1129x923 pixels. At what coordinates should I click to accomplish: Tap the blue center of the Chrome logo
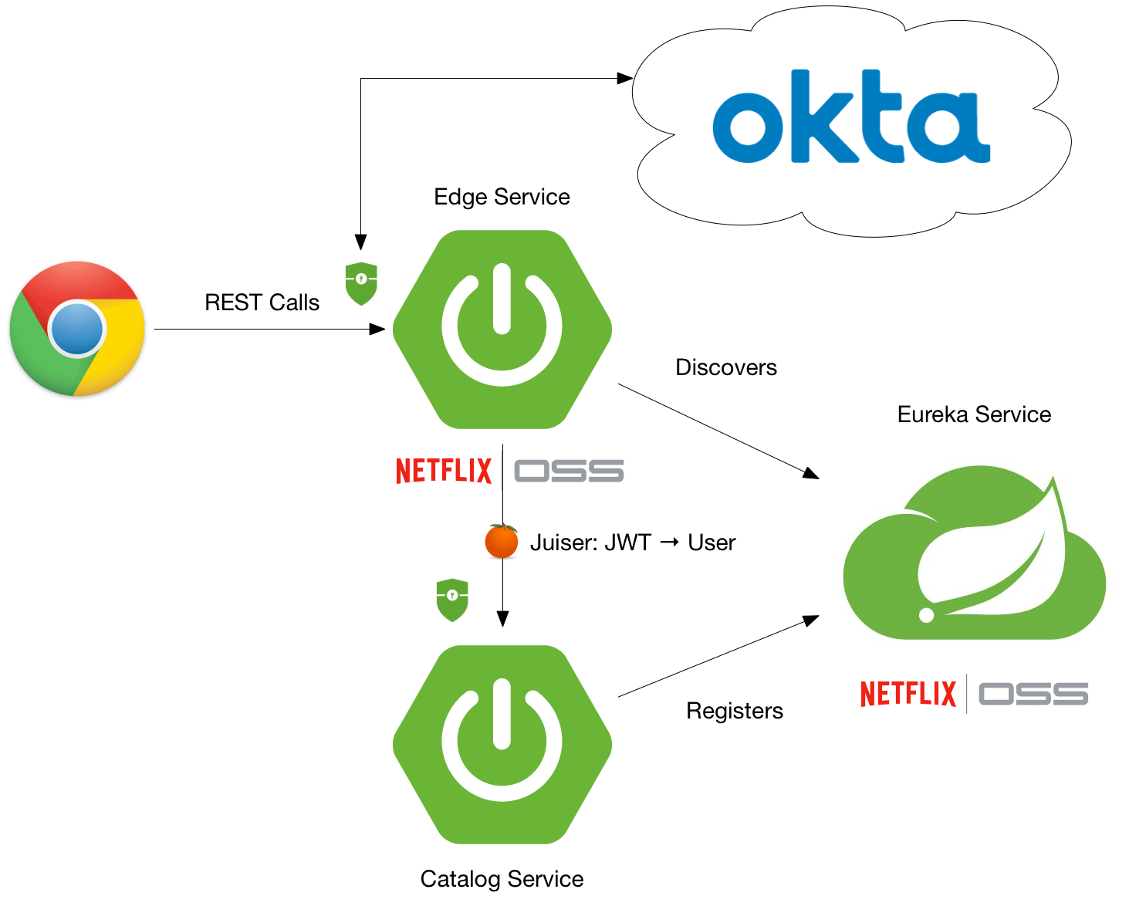coord(77,329)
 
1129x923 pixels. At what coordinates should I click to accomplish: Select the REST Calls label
coord(262,303)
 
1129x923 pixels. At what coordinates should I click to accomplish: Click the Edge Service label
coord(502,197)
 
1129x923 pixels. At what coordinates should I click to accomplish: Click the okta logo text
coord(850,118)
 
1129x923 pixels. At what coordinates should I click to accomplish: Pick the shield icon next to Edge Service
coord(361,283)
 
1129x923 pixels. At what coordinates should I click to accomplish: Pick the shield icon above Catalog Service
coord(452,600)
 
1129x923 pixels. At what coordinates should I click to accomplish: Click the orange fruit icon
coord(502,541)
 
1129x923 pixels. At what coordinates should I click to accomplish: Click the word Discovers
coord(725,367)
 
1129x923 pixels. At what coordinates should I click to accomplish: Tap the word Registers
coord(734,711)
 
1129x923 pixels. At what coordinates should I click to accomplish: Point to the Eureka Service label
coord(974,414)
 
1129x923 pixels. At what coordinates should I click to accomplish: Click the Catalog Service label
coord(502,879)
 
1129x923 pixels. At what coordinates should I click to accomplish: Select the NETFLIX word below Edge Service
coord(444,471)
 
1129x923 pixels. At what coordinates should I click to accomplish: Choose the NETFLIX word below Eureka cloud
coord(908,694)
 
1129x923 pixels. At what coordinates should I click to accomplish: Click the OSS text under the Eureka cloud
coord(1033,694)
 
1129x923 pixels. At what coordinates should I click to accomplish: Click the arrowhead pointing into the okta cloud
coord(626,78)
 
